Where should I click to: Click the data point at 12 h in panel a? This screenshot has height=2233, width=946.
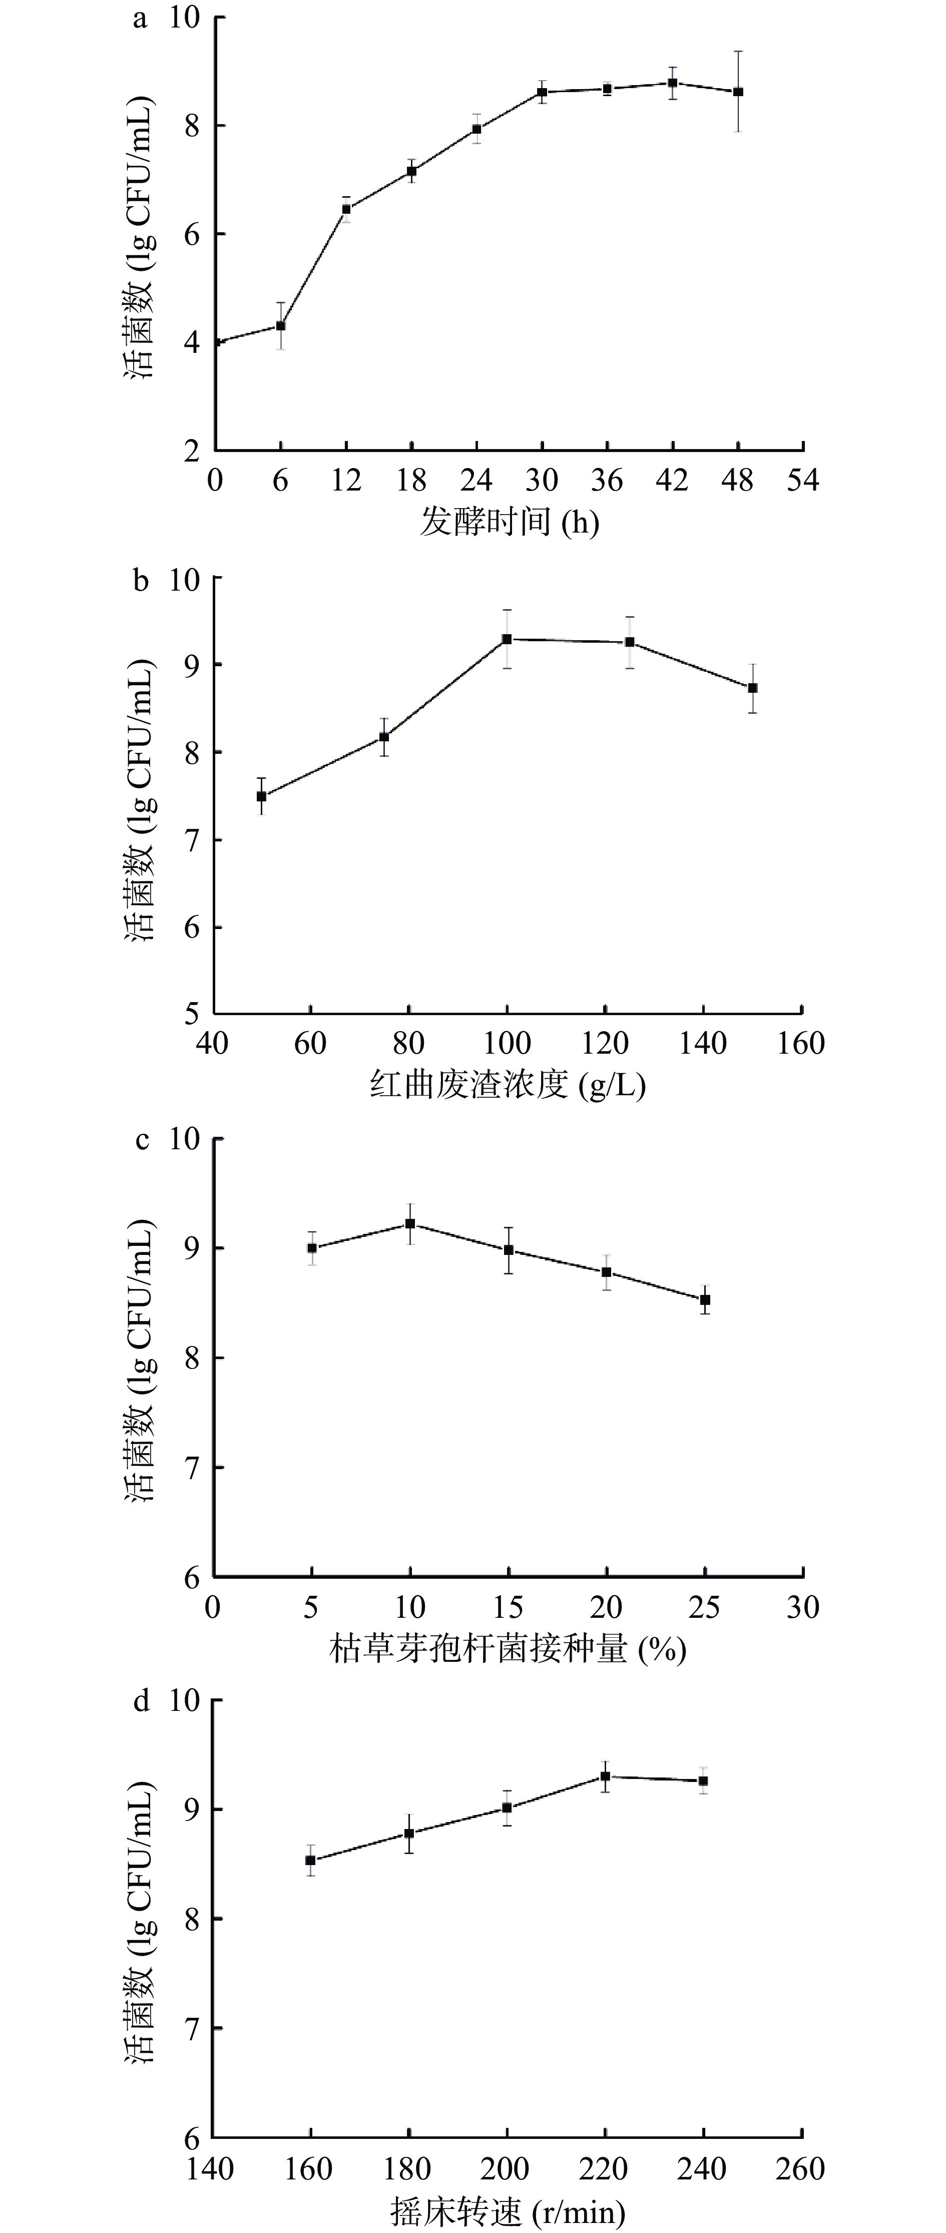point(346,209)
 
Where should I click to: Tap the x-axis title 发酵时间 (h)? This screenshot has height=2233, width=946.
point(510,522)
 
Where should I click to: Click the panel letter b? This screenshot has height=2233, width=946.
point(141,581)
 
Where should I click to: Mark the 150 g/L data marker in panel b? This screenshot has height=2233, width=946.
point(753,687)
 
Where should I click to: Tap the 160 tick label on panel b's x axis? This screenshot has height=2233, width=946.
point(801,1043)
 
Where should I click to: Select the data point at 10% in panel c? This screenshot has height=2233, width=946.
point(410,1224)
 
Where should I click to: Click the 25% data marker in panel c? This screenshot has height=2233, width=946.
point(705,1299)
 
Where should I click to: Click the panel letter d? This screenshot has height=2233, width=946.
point(141,1702)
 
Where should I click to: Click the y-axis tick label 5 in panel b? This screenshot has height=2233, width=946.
point(191,1013)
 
